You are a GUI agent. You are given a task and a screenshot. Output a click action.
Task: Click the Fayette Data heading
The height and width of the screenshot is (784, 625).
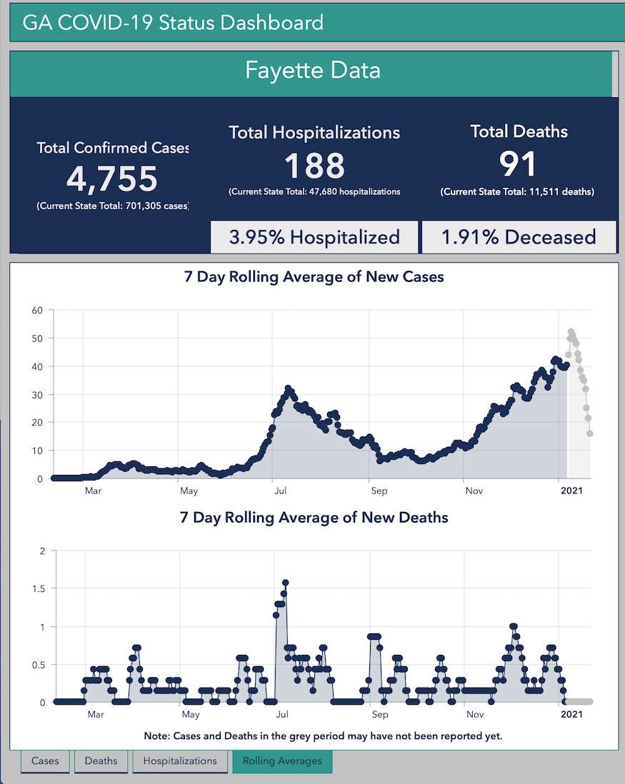coord(312,71)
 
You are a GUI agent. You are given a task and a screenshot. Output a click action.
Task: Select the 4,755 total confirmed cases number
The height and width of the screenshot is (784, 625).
coord(112,179)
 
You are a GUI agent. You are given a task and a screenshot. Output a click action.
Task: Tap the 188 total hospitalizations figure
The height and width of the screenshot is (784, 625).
coord(314,166)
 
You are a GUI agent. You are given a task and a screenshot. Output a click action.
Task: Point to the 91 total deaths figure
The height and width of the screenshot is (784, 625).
coord(518,164)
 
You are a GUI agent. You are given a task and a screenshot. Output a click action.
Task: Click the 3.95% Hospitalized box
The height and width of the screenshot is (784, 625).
coord(314,237)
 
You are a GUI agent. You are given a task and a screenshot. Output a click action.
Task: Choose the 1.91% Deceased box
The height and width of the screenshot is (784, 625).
coord(519,237)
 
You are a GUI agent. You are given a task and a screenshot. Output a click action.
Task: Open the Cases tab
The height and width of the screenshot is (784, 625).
coord(45,761)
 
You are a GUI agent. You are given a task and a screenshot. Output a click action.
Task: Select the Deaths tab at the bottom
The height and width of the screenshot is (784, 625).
coord(101,761)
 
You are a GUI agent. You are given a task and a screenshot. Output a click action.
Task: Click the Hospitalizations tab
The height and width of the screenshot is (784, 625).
coord(179,761)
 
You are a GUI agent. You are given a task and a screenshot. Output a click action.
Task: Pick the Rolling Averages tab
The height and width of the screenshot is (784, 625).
coord(282,761)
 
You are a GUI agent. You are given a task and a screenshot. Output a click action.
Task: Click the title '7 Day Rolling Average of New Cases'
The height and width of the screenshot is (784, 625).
coord(314,277)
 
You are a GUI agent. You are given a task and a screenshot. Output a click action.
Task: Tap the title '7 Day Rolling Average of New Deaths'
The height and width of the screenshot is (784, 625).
coord(314,517)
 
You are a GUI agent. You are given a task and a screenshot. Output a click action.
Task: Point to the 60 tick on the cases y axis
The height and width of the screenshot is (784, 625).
coord(37,311)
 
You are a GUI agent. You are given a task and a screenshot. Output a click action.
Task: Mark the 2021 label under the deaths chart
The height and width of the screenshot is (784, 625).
coord(571,714)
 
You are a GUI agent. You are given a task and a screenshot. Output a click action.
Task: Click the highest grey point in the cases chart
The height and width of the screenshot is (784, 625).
coord(571,332)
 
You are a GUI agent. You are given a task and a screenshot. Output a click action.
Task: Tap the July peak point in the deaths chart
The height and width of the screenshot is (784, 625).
coord(285,583)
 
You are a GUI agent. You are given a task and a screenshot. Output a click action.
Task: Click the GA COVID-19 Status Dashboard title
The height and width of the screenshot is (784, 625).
coord(173,22)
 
